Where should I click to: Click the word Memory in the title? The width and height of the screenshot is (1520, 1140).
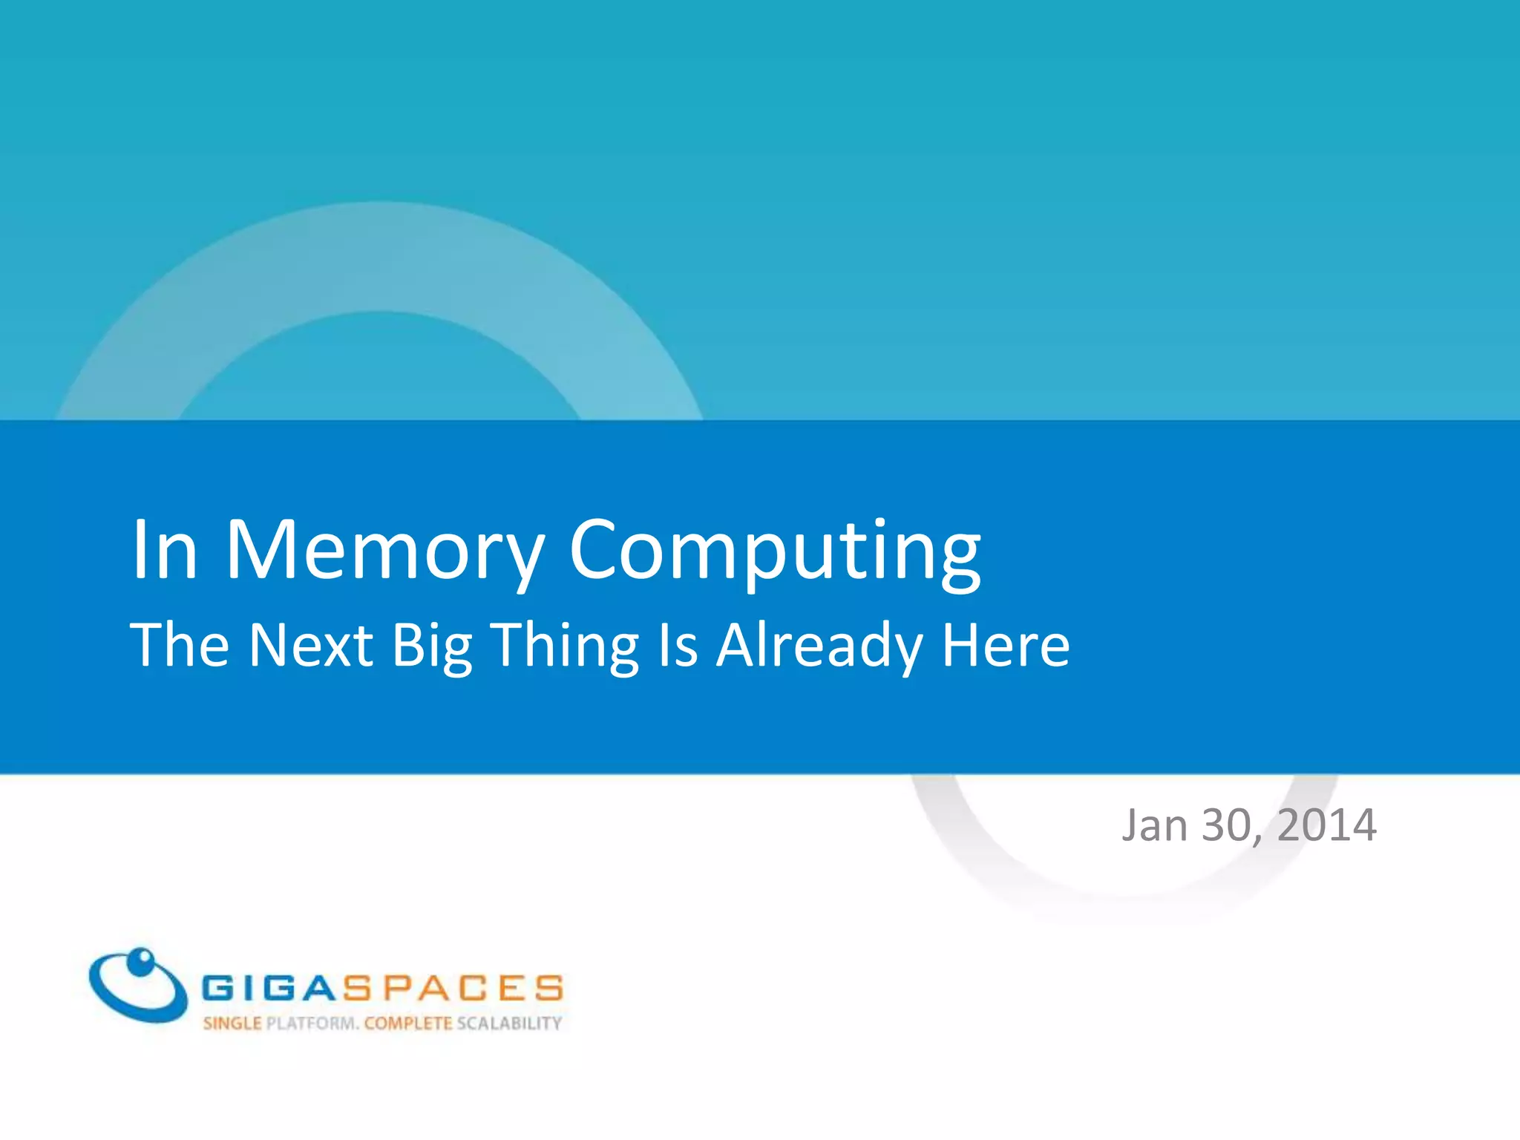pos(384,551)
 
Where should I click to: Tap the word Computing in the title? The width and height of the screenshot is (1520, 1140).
pos(775,551)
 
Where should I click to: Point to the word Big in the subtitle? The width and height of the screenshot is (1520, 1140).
pos(432,646)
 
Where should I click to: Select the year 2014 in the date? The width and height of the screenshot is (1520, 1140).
pos(1327,825)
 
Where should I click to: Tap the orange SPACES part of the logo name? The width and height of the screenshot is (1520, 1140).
pos(451,988)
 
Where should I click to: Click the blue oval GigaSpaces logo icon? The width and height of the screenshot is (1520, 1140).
pos(138,984)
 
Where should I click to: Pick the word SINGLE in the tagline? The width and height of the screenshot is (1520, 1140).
pos(232,1023)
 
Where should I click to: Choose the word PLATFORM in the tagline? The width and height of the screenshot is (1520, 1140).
pos(312,1023)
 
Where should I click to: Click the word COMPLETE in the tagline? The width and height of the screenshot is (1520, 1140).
pos(408,1023)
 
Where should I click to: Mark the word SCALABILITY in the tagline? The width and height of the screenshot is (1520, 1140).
pos(509,1023)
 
